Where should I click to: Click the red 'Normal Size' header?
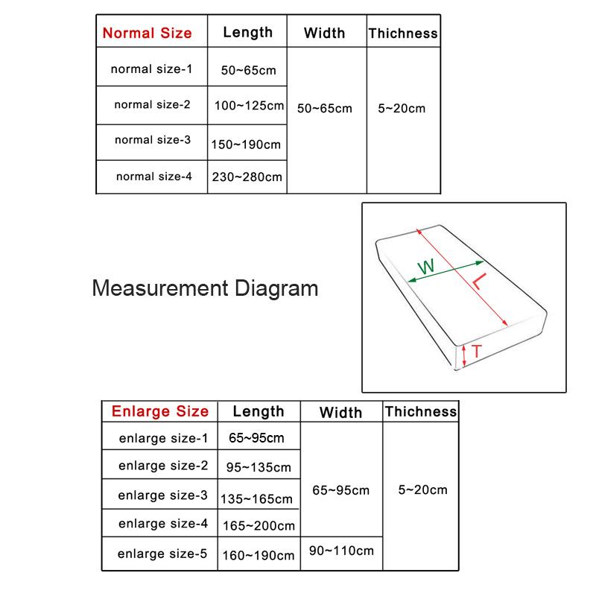click(x=147, y=33)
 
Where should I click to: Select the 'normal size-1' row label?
click(x=151, y=69)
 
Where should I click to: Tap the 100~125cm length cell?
click(x=249, y=106)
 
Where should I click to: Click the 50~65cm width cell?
click(x=324, y=109)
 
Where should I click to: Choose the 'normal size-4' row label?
click(x=153, y=177)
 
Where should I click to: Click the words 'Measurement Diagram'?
click(x=205, y=288)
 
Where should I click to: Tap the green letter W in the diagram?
click(x=425, y=267)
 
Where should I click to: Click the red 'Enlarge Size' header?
click(x=159, y=411)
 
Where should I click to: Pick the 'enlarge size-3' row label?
click(x=163, y=495)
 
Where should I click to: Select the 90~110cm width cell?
click(x=341, y=551)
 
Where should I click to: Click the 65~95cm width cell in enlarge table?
click(x=340, y=490)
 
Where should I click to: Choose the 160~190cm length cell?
click(x=259, y=555)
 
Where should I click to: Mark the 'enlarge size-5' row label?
click(x=163, y=553)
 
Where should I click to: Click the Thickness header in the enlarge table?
click(x=420, y=411)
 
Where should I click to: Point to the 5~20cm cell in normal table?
click(x=402, y=109)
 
